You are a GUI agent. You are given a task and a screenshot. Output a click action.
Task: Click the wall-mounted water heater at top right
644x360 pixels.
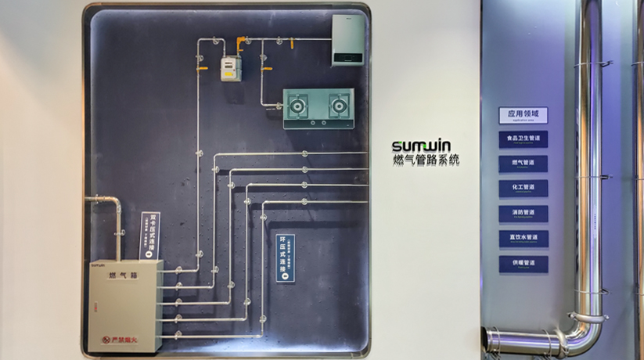click(347, 40)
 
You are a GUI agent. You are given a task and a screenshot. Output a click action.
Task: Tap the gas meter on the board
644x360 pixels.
click(228, 68)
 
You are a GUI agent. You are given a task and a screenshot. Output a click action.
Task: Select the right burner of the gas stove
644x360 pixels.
click(338, 104)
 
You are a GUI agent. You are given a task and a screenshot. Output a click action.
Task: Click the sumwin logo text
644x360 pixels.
click(421, 146)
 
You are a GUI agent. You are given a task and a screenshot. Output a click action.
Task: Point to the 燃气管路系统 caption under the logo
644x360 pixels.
click(426, 160)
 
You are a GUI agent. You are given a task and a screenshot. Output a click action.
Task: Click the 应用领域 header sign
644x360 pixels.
click(523, 115)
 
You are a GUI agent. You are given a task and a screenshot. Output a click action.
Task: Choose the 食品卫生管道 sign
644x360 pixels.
click(523, 139)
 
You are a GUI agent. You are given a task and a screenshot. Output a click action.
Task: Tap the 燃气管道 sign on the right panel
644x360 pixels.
click(523, 164)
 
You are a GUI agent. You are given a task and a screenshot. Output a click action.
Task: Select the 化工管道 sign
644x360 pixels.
click(523, 189)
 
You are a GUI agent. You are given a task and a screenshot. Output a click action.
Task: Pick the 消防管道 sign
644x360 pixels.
click(523, 214)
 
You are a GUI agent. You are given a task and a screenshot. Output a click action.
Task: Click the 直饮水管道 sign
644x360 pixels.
click(523, 239)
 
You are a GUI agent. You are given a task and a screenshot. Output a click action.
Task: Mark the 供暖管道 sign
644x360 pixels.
click(523, 264)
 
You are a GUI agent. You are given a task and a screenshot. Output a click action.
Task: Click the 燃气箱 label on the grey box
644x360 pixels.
click(123, 275)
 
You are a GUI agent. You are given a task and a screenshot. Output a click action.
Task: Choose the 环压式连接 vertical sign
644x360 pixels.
click(286, 257)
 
